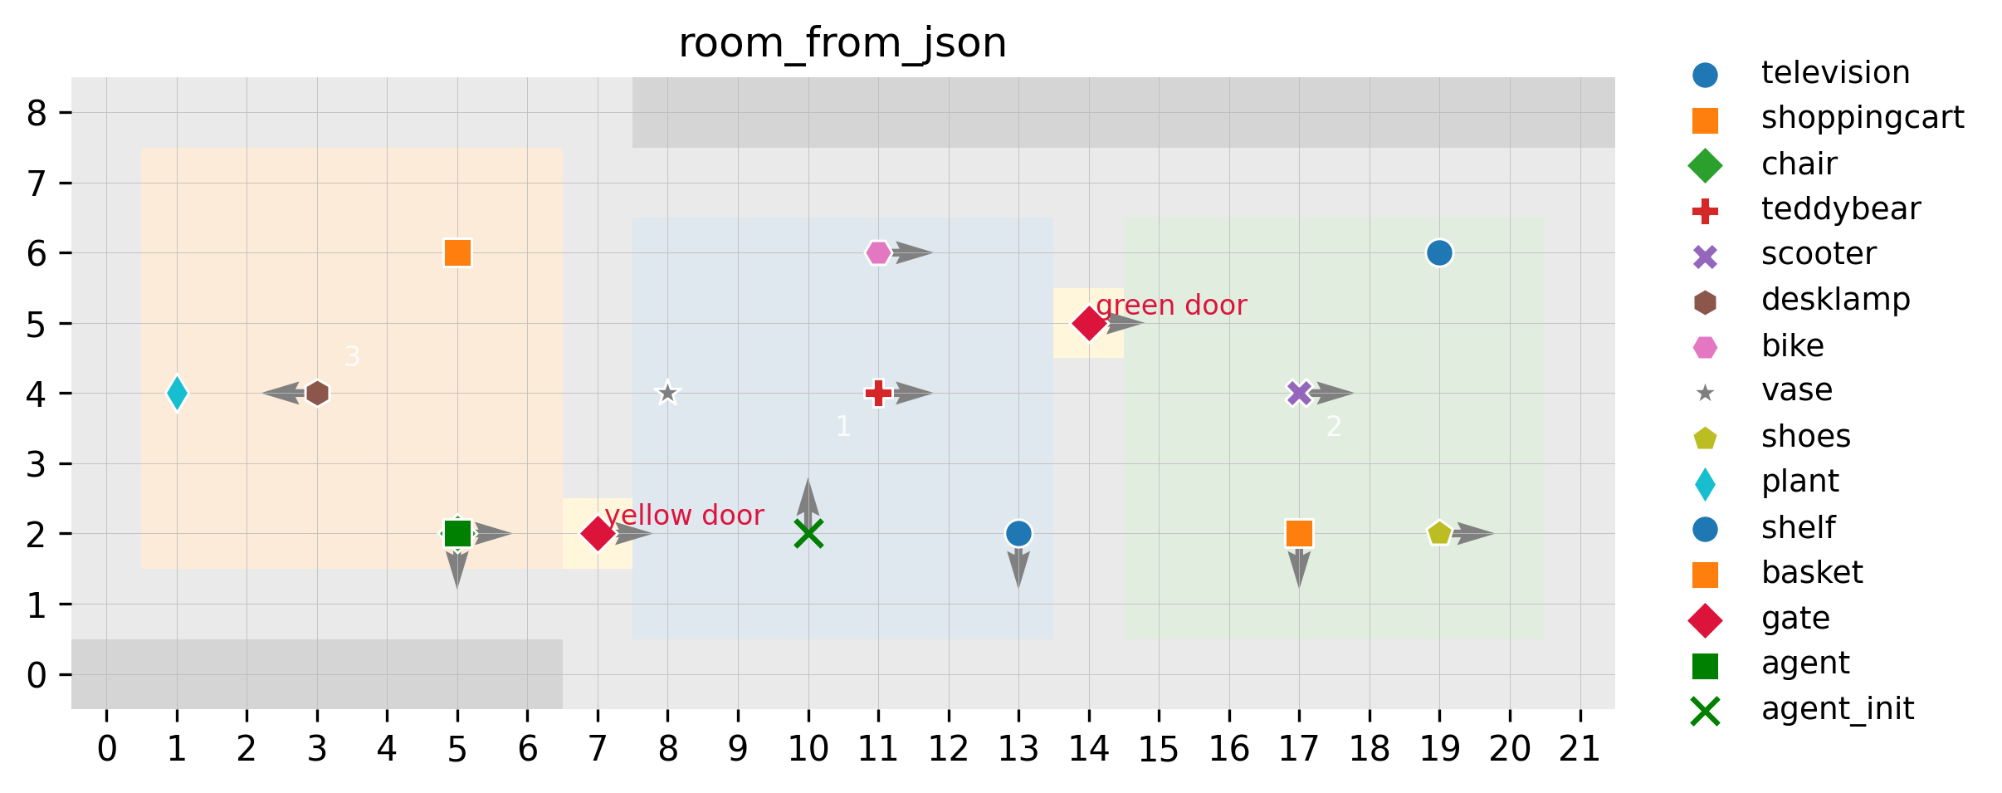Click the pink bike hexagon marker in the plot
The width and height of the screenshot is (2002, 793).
[x=877, y=252]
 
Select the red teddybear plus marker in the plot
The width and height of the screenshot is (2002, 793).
[x=877, y=393]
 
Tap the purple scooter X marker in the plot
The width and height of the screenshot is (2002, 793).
[x=1299, y=393]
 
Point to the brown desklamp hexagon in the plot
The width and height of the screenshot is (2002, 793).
[x=317, y=393]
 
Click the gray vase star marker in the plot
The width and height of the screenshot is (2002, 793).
[x=667, y=393]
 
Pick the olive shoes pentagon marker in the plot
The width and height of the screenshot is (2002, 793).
[x=1439, y=533]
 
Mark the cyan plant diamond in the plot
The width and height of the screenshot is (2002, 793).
[x=177, y=393]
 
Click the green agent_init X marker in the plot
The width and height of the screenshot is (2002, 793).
[x=808, y=533]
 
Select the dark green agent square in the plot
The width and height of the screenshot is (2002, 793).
[x=457, y=533]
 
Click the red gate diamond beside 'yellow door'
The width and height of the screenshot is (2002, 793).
[x=597, y=533]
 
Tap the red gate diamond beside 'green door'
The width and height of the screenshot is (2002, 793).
[x=1089, y=323]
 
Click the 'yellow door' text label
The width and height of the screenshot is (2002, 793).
[x=684, y=516]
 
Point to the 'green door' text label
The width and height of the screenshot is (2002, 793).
[x=1171, y=306]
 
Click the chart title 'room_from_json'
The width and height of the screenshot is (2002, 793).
[x=842, y=43]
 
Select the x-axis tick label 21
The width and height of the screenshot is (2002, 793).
[x=1580, y=750]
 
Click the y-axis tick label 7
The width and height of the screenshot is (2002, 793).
[x=37, y=183]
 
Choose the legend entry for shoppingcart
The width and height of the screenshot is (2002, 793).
[x=1862, y=118]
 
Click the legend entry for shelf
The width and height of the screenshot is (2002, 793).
[x=1798, y=527]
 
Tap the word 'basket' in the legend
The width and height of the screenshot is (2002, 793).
[x=1812, y=573]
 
